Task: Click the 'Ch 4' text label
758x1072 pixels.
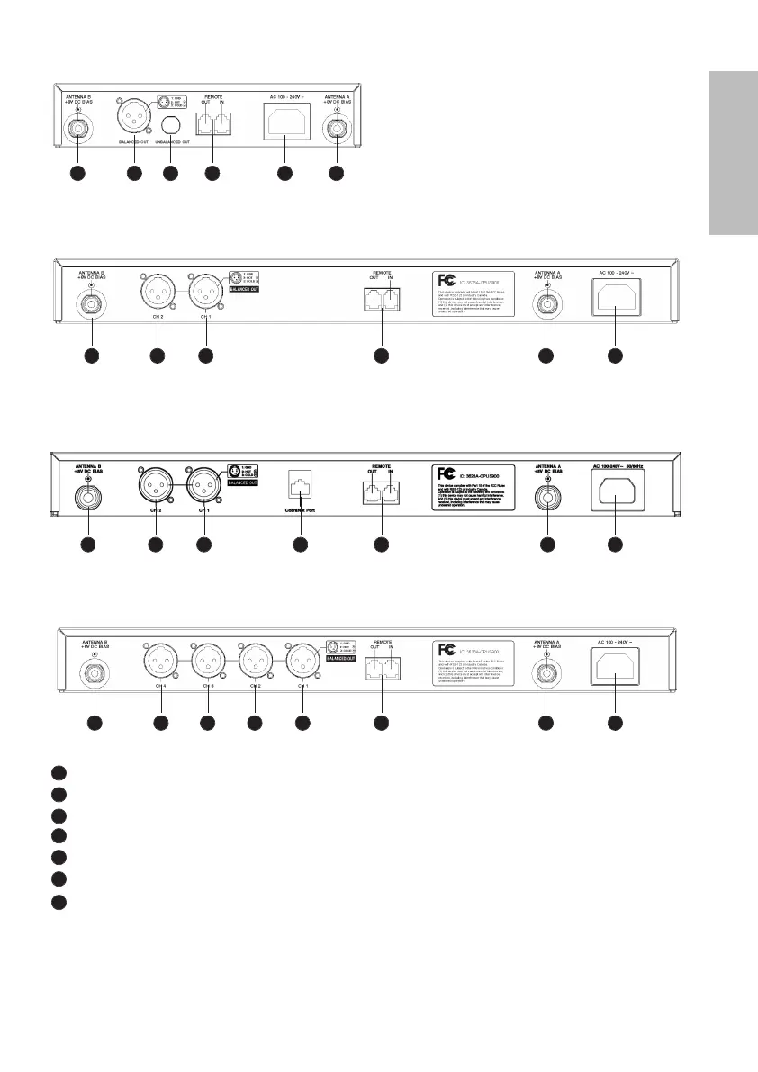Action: [160, 686]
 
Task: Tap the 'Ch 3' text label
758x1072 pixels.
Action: [208, 686]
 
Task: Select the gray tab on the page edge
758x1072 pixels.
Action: [733, 154]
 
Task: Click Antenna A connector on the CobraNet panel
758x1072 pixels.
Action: [546, 496]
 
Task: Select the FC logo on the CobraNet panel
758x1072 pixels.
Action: [443, 473]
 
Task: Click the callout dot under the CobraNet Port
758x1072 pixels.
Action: [301, 544]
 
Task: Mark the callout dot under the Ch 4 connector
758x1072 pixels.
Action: [160, 723]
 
